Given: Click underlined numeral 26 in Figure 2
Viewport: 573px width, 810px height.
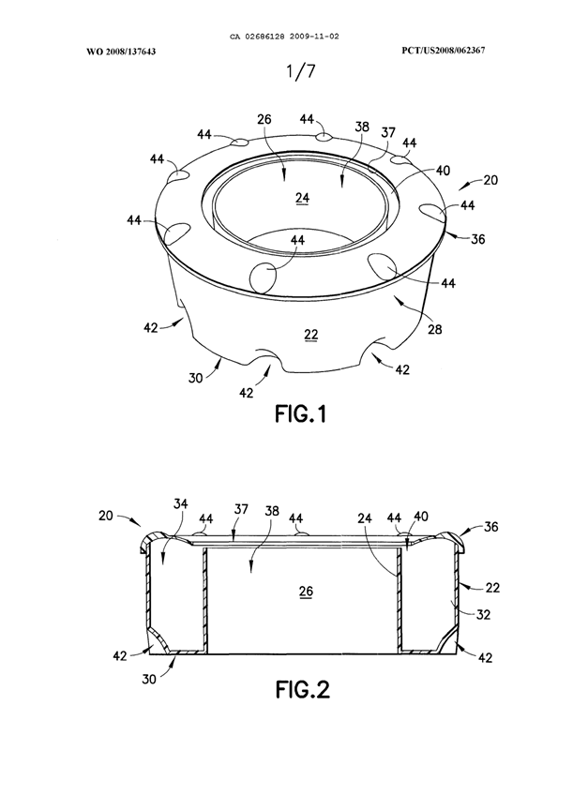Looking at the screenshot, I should pos(306,592).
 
